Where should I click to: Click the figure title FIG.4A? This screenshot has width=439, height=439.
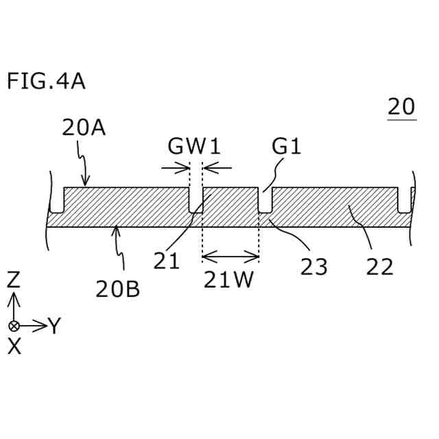[46, 82]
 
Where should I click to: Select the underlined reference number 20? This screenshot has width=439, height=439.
[401, 107]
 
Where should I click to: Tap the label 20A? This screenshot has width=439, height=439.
[83, 128]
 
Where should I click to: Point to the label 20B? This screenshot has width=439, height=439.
[117, 289]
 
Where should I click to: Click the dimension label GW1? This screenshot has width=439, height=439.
[195, 146]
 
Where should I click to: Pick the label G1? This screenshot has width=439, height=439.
[287, 146]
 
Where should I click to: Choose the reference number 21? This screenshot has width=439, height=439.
[166, 261]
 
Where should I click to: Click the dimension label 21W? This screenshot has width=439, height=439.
[229, 281]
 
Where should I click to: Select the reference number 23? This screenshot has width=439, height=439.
[313, 267]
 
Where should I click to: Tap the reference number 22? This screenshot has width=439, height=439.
[379, 267]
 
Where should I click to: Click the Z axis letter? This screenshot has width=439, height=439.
[14, 279]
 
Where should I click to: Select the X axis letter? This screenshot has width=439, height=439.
[14, 347]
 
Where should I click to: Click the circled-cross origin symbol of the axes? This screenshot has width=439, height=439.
[14, 325]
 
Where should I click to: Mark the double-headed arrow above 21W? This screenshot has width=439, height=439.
[230, 257]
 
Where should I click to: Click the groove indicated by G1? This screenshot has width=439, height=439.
[265, 200]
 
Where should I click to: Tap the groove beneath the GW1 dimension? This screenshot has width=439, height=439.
[195, 200]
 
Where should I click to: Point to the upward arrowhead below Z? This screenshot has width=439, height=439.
[14, 298]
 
